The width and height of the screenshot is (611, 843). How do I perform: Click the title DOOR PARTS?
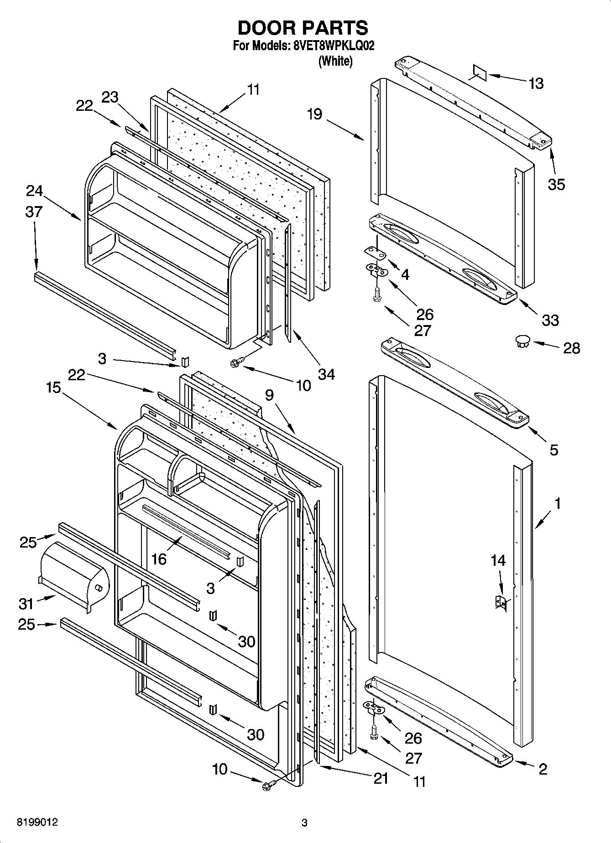303,28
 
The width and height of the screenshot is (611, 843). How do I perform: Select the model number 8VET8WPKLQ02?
332,46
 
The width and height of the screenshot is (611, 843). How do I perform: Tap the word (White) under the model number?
335,61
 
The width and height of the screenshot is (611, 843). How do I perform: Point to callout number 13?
536,83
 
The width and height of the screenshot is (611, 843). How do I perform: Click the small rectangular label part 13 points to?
480,73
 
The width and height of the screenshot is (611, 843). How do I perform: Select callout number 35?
556,184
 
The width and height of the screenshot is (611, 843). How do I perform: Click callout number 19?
314,114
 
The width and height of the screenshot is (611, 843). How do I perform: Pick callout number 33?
550,320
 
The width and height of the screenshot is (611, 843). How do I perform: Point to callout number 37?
34,212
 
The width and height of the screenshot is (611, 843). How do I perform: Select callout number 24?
34,191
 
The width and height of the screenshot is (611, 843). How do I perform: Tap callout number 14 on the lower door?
498,560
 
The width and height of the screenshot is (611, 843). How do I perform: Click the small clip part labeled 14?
501,603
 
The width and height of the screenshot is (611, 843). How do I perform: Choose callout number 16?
159,559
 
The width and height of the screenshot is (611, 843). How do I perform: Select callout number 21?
380,778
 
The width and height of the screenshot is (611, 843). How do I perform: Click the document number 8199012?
37,822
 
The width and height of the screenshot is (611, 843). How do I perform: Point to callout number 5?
554,450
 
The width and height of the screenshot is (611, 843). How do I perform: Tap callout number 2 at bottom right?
543,769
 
